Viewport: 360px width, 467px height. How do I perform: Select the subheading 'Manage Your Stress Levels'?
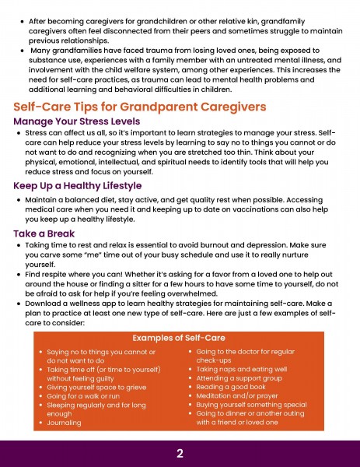tap(77, 121)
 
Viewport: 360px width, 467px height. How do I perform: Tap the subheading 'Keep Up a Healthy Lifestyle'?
tap(78, 186)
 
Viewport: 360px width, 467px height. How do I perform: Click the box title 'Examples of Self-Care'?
tap(179, 338)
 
